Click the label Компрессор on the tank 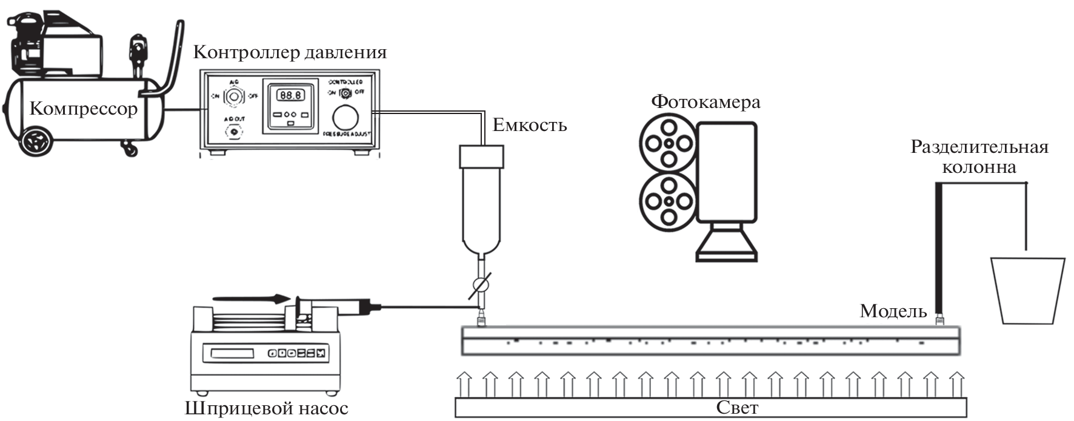[84, 109]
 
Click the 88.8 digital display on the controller [290, 95]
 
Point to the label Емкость [530, 126]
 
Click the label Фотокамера [705, 101]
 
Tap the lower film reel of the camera [668, 201]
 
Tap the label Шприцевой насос [267, 408]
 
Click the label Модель [893, 311]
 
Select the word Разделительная [979, 147]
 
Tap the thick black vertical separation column [939, 249]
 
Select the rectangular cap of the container [481, 157]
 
